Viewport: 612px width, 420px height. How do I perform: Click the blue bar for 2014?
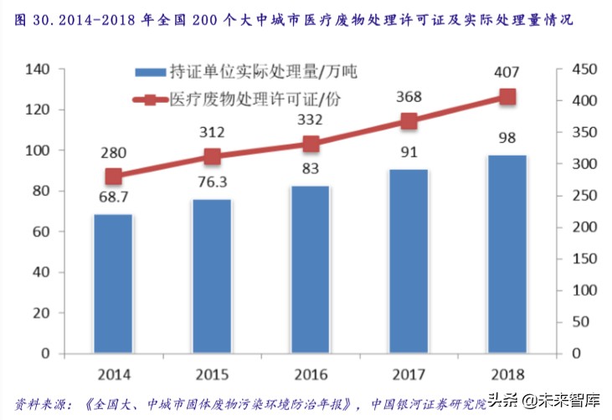113,284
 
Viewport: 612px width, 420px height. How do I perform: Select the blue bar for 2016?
310,270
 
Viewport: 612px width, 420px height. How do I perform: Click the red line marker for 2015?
212,156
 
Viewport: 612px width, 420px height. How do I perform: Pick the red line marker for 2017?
409,121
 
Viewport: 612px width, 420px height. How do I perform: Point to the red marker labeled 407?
507,97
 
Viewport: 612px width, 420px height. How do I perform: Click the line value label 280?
113,153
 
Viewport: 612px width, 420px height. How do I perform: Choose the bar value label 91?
409,154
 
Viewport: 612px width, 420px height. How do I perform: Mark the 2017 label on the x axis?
409,372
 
